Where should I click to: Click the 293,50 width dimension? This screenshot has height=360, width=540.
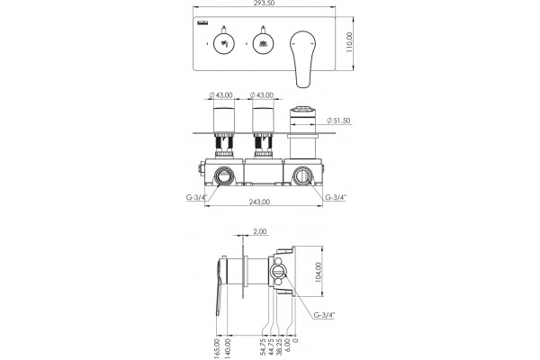pos(263,3)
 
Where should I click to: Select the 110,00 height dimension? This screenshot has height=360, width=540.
pos(349,42)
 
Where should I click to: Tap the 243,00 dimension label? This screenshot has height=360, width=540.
pos(259,202)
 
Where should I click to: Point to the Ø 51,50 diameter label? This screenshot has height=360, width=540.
pos(338,121)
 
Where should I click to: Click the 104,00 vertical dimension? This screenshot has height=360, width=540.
pos(319,273)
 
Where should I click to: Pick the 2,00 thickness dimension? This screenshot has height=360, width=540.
pos(260,231)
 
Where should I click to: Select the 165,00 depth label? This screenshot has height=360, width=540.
pos(217,348)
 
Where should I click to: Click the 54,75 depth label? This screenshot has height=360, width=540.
pos(263,346)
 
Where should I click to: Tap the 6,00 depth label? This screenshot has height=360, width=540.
pos(288,346)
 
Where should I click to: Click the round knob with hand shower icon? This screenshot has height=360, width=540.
pos(224,44)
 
